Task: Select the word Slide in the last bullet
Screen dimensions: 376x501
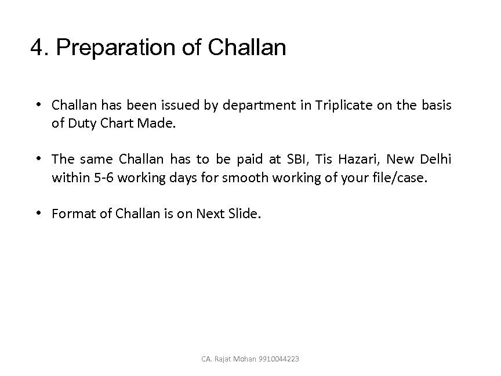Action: (x=245, y=214)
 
